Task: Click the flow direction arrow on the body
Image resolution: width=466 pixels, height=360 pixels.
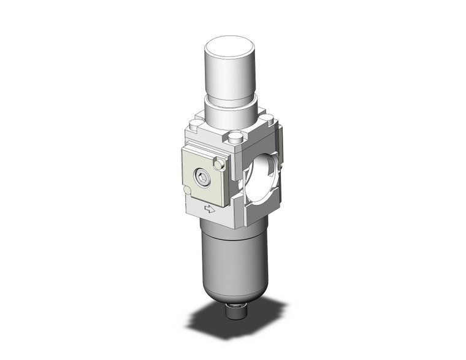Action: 209,209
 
